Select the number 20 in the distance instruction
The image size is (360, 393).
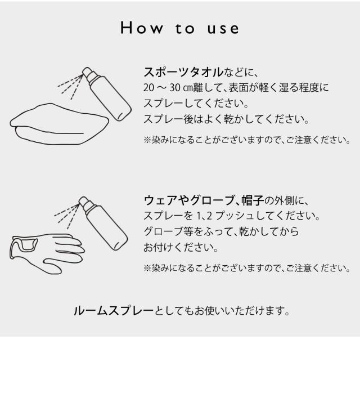[x=148, y=88]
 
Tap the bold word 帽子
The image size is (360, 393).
[x=253, y=200]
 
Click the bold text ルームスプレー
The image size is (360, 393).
[x=113, y=311]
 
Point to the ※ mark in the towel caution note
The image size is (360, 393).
[x=147, y=140]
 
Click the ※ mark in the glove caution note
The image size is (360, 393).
[x=147, y=268]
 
